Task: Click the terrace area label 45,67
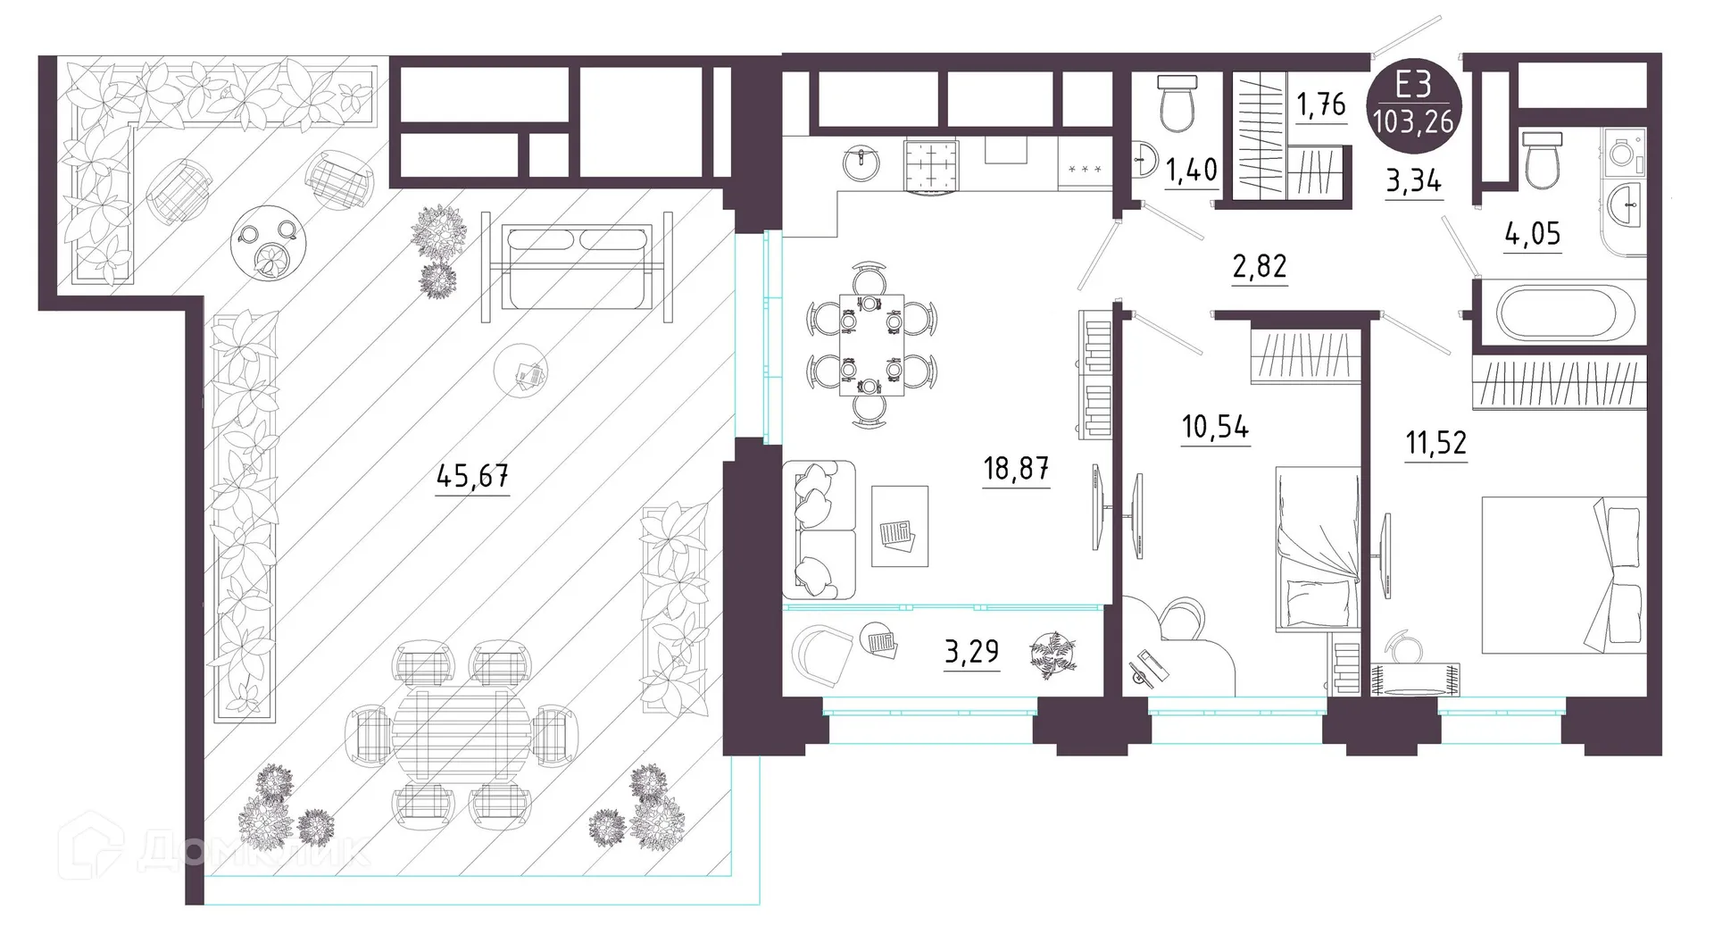coord(472,476)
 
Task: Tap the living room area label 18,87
coord(1016,468)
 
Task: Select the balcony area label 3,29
coord(971,652)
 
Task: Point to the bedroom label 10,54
coord(1215,427)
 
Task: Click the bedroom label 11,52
coord(1435,442)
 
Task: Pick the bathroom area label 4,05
coord(1532,234)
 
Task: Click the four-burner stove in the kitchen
coord(930,166)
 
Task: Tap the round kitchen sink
coord(862,163)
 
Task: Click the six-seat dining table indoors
coord(871,345)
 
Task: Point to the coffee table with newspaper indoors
coord(899,526)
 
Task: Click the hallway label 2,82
coord(1260,267)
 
